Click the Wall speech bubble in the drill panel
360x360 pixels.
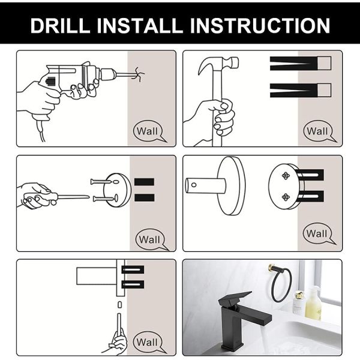pos(148,131)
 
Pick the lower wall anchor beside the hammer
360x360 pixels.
pos(300,90)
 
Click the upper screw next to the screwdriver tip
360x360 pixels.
pos(101,181)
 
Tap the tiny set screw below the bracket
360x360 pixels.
pos(119,305)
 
